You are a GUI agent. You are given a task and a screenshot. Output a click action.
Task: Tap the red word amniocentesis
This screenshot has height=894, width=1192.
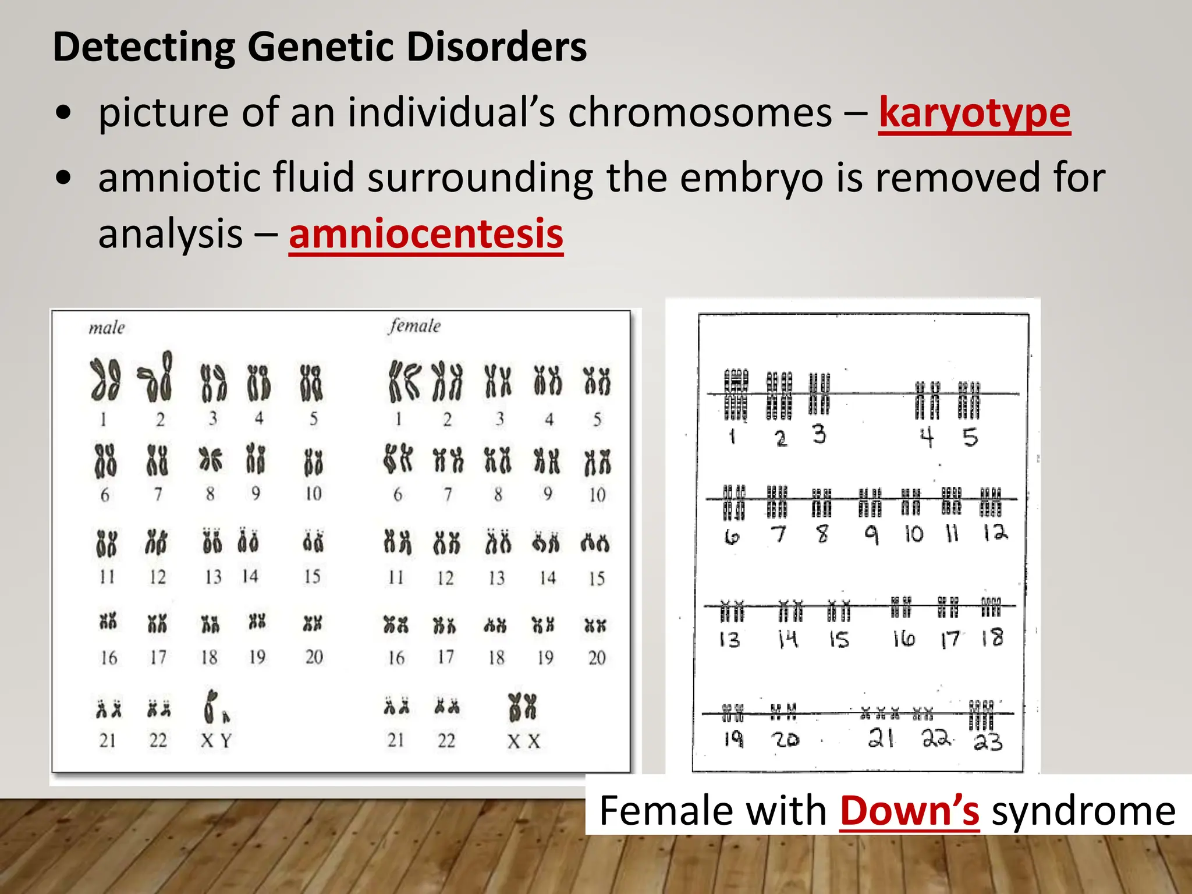[x=425, y=234]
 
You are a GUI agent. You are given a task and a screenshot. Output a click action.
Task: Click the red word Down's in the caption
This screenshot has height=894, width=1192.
[x=909, y=810]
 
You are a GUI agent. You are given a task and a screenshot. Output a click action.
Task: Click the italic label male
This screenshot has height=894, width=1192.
[x=107, y=328]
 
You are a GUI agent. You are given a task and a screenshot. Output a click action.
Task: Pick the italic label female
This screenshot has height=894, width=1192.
[x=414, y=325]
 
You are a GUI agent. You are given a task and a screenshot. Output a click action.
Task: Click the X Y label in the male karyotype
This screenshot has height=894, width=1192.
[x=216, y=741]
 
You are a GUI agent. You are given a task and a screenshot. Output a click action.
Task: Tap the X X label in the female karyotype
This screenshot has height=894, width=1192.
[x=523, y=741]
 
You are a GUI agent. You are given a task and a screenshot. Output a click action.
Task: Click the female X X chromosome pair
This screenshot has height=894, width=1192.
[x=522, y=707]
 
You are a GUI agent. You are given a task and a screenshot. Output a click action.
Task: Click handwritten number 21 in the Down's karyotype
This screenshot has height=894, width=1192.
[x=881, y=738]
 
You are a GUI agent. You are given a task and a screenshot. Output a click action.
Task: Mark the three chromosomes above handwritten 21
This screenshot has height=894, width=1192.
[x=880, y=712]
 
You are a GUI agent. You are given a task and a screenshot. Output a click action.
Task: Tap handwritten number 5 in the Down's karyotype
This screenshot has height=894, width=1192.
[x=970, y=437]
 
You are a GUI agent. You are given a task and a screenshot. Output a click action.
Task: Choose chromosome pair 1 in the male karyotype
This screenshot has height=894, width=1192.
[x=105, y=380]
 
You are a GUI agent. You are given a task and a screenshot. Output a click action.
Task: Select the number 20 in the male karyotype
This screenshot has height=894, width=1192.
[x=314, y=657]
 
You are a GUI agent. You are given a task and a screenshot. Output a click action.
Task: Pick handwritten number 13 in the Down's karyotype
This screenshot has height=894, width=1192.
[x=729, y=640]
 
